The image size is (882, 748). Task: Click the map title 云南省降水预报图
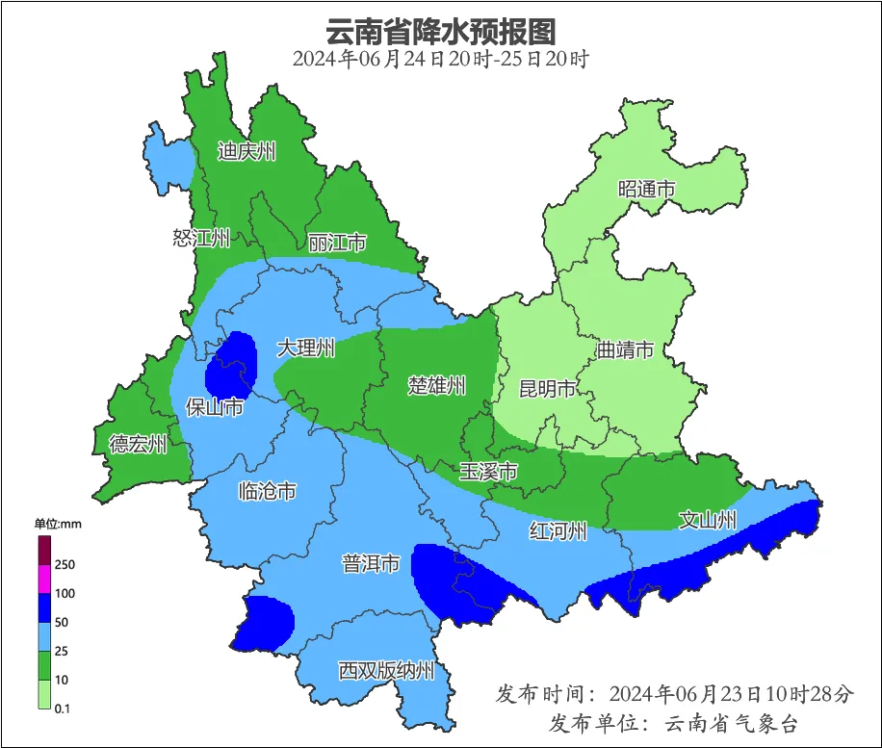click(441, 31)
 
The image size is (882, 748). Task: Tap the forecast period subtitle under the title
click(440, 59)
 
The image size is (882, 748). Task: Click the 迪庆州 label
click(246, 151)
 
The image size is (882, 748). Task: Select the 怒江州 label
click(201, 238)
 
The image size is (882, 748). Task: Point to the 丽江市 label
click(337, 243)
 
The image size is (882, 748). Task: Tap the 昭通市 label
click(646, 190)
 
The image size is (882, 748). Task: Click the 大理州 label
click(306, 348)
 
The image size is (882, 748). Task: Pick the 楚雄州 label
click(436, 385)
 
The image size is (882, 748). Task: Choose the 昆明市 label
click(547, 389)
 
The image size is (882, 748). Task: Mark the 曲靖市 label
click(625, 349)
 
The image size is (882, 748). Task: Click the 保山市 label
click(214, 408)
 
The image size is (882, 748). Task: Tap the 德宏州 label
click(138, 444)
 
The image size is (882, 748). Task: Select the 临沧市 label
click(267, 492)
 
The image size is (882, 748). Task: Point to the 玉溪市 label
click(488, 472)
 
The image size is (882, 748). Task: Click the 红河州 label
click(558, 530)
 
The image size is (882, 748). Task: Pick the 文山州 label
click(708, 521)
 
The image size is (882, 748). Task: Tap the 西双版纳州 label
click(387, 671)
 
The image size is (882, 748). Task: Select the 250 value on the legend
click(66, 564)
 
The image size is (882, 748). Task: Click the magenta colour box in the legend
click(44, 579)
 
